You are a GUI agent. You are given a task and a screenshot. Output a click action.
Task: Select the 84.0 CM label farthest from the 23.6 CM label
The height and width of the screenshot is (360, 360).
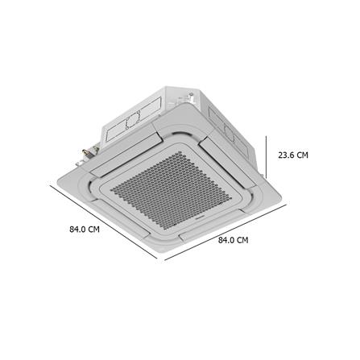click(x=83, y=229)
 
